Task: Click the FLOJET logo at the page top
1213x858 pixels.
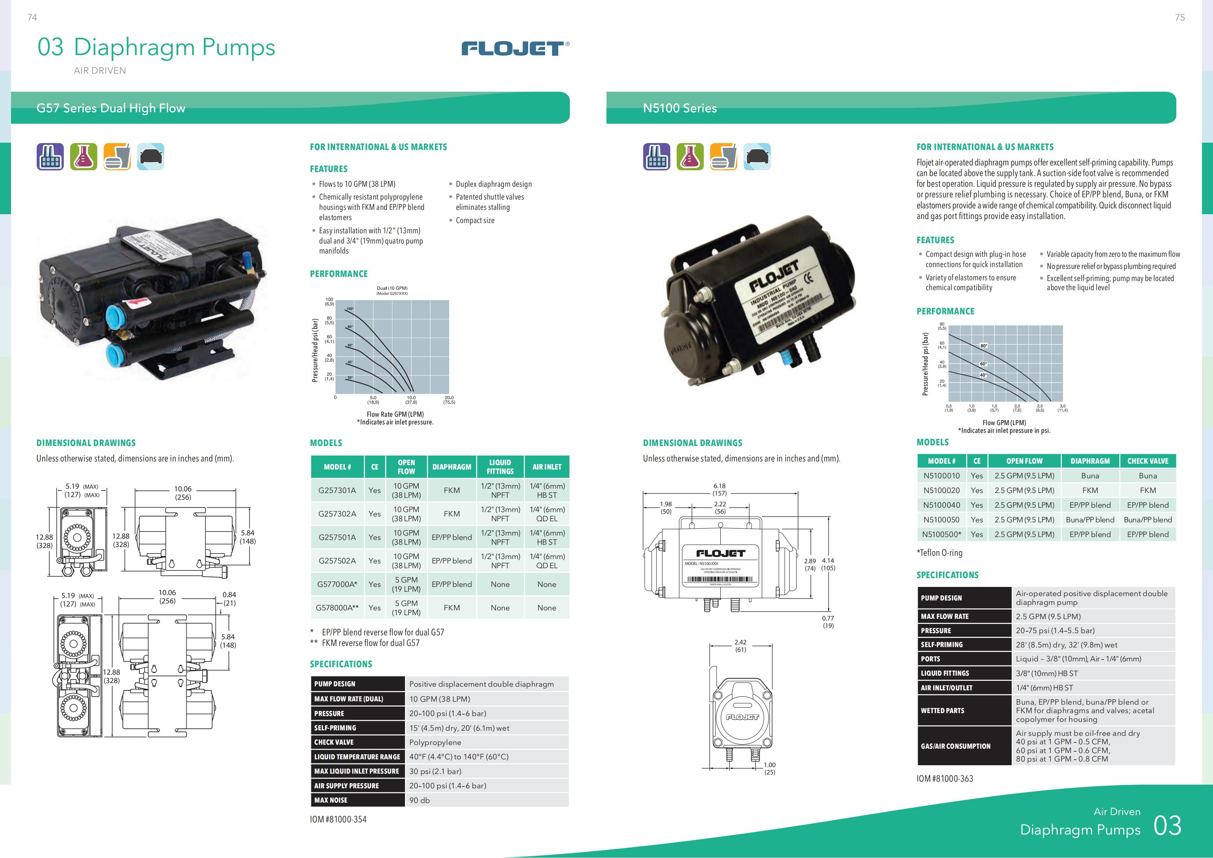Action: pos(515,49)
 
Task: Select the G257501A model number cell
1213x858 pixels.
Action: pos(337,537)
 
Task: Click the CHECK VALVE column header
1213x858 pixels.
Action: pos(1147,461)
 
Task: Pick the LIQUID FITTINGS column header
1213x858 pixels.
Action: pos(500,467)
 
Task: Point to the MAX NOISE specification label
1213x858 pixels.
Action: pos(331,800)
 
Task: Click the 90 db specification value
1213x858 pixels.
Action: pos(420,800)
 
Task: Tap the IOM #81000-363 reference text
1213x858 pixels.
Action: pos(945,779)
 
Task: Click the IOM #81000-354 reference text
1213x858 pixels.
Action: pos(338,819)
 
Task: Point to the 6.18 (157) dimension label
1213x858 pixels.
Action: pos(720,489)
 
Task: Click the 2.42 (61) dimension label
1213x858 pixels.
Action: pos(741,646)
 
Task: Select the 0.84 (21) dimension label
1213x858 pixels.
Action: pos(229,599)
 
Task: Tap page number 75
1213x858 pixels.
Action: pos(1180,18)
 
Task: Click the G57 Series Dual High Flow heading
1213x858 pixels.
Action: pos(111,108)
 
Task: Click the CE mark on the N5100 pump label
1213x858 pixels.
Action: pos(807,277)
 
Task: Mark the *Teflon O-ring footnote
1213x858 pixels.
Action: pos(939,553)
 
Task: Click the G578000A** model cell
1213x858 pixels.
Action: pos(337,607)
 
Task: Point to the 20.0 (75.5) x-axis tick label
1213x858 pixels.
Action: pos(449,400)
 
